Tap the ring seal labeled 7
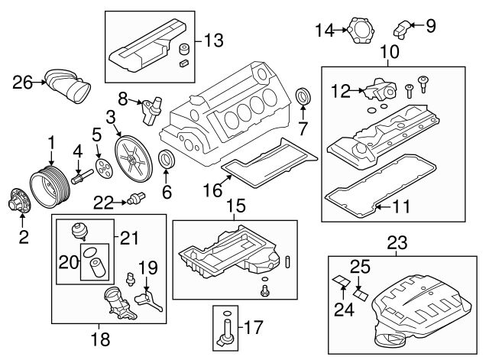click(x=303, y=99)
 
